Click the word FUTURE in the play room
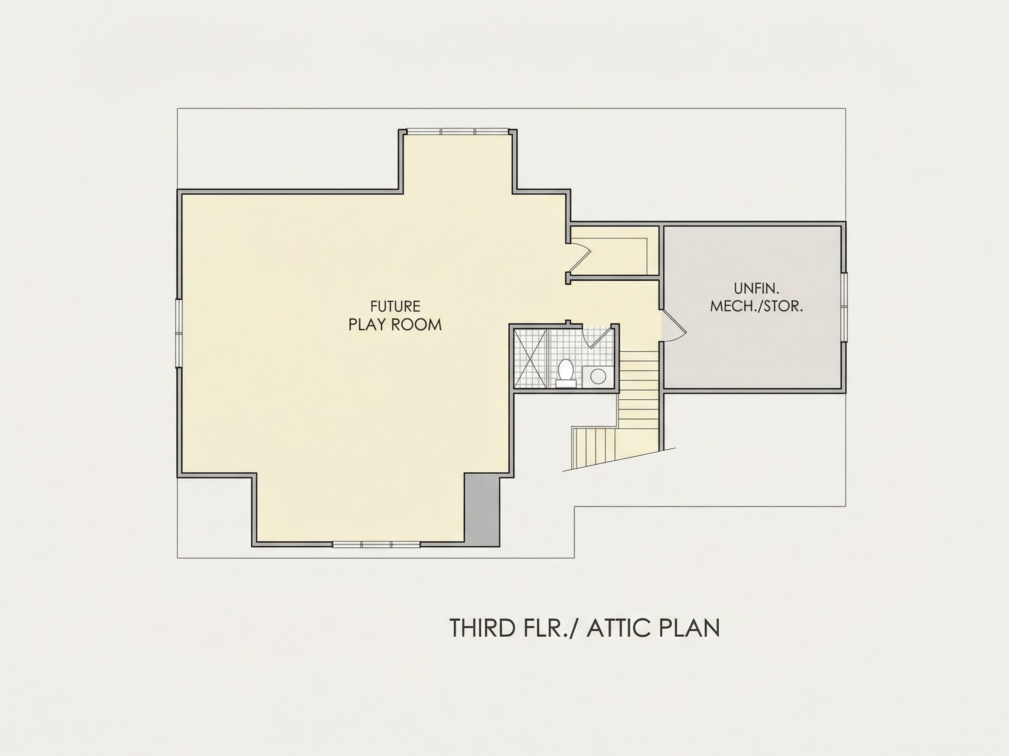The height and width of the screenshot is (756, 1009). click(395, 306)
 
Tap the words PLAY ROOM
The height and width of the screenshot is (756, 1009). click(395, 325)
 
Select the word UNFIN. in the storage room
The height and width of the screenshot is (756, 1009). click(757, 288)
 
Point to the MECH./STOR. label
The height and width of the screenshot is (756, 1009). click(757, 306)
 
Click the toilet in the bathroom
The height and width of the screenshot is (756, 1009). click(566, 373)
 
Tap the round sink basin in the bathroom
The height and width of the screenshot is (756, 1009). click(598, 377)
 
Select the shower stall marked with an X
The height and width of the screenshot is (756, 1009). click(531, 358)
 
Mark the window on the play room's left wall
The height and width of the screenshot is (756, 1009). click(179, 333)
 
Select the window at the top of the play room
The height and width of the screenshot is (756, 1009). click(458, 131)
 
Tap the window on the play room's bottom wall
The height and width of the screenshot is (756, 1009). click(376, 544)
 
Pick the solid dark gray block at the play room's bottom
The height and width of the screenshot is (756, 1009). click(482, 509)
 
